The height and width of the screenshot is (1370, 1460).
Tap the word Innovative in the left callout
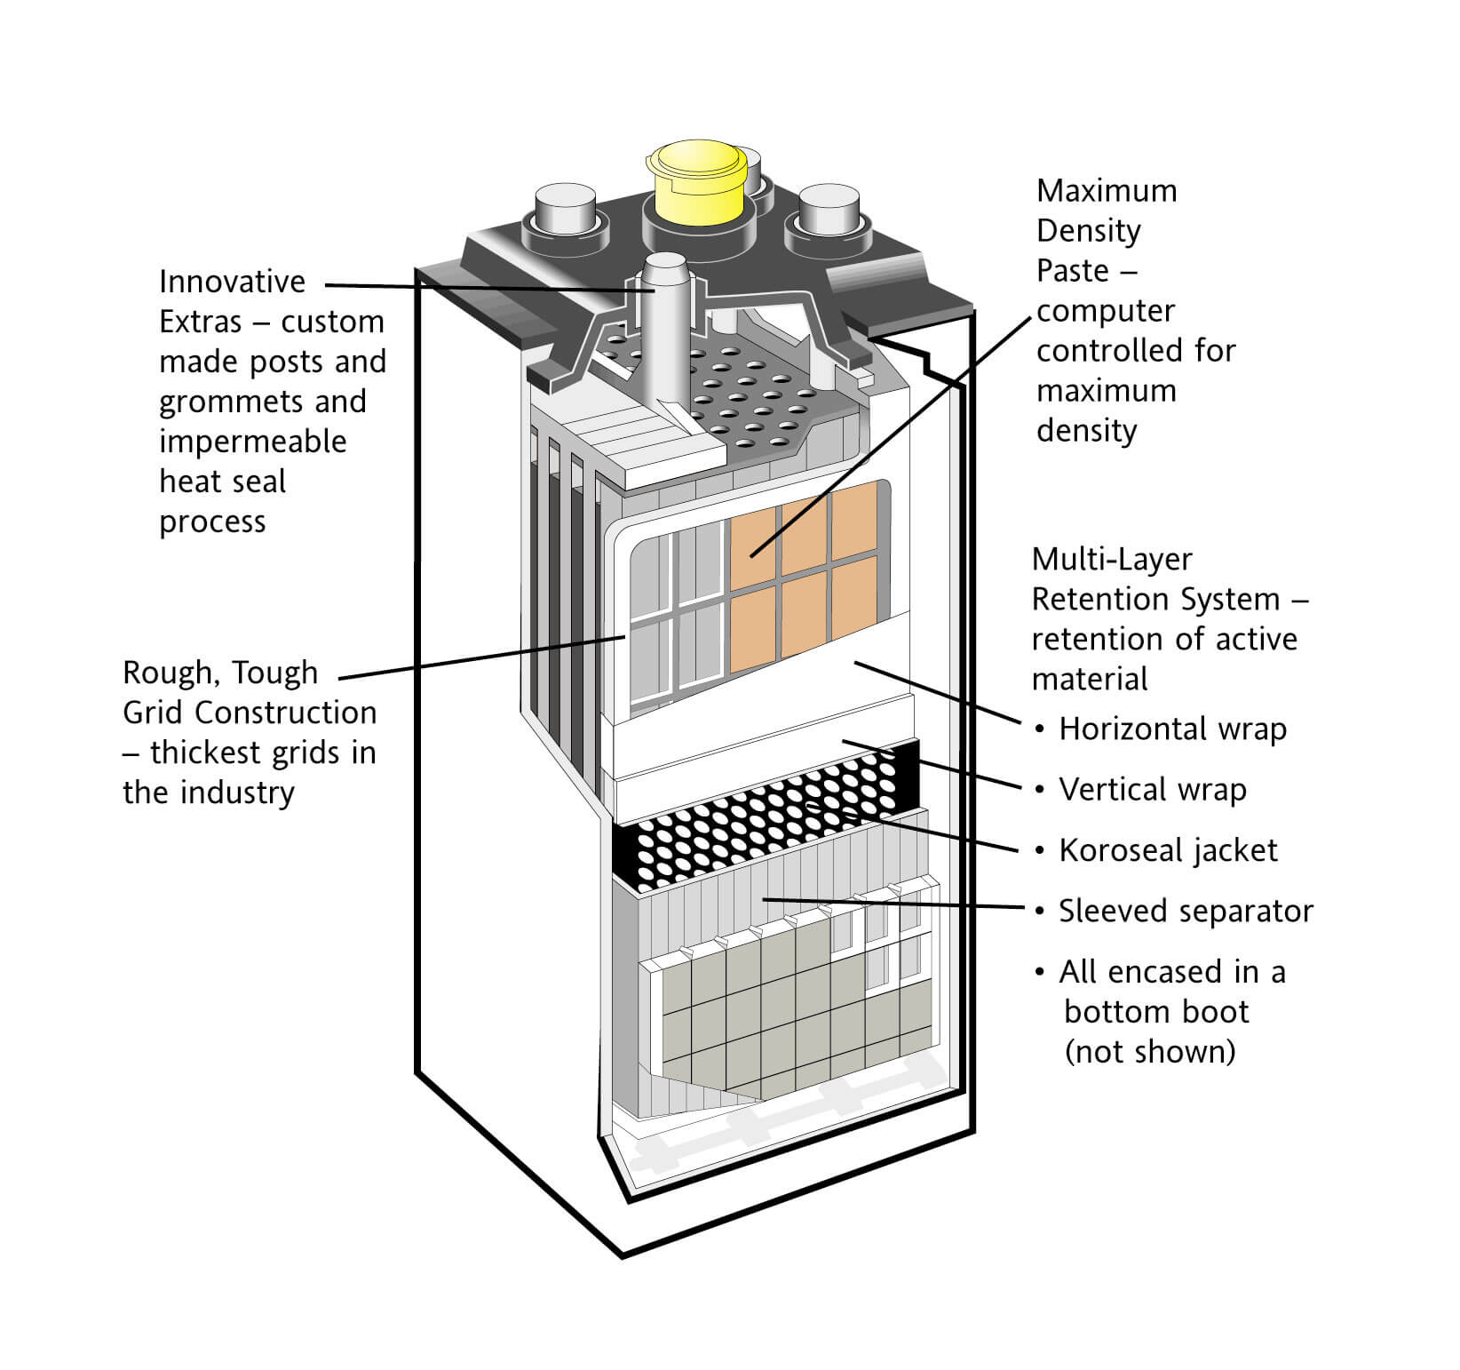(x=232, y=282)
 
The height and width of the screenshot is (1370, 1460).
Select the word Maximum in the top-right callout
(x=1107, y=191)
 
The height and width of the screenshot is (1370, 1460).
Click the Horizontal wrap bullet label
(x=1172, y=729)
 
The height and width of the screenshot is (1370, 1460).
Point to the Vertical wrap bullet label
(x=1152, y=790)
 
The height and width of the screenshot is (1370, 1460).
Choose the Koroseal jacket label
(x=1168, y=851)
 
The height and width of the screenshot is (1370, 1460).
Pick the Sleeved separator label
(x=1185, y=912)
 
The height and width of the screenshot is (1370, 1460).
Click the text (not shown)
(x=1149, y=1052)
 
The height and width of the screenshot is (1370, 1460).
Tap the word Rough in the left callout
(x=165, y=673)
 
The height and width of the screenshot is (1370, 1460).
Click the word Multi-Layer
(x=1112, y=560)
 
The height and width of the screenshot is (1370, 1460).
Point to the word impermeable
(x=252, y=442)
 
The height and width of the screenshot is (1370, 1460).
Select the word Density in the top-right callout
(x=1088, y=231)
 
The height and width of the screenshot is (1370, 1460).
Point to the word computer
(x=1105, y=311)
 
